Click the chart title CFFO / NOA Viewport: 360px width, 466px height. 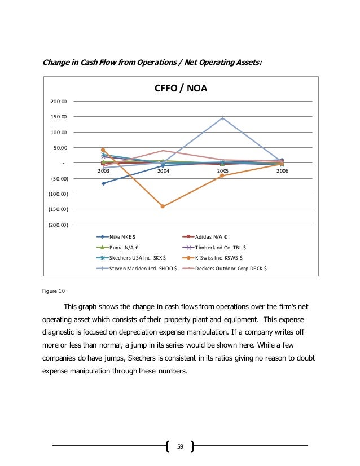[x=181, y=89]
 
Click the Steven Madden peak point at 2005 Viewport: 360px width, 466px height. [x=222, y=118]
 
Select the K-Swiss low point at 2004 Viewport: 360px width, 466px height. [x=163, y=206]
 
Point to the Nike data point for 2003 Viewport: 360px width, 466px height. [x=103, y=183]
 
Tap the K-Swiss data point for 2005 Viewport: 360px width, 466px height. [x=222, y=175]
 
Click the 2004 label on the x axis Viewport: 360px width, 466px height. [x=163, y=169]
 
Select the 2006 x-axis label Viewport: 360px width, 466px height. [x=282, y=169]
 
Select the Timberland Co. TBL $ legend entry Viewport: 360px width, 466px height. [x=220, y=247]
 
